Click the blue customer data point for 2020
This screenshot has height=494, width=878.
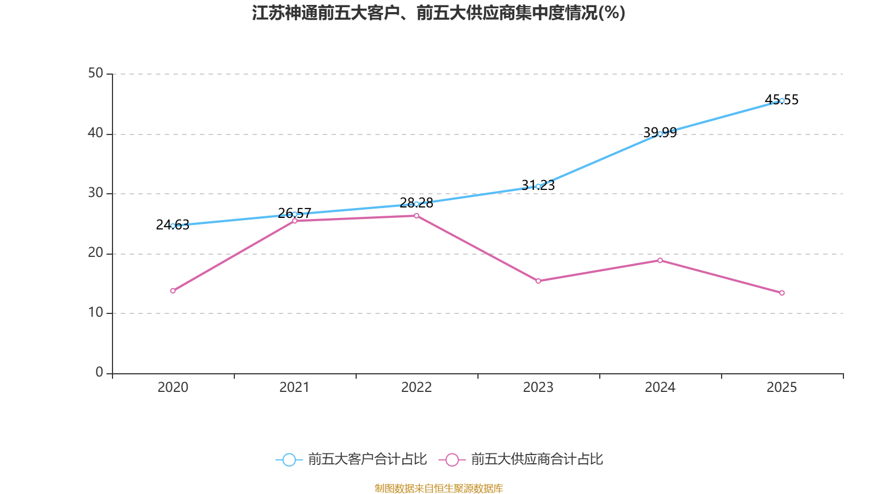point(173,226)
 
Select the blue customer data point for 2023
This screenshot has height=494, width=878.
point(538,186)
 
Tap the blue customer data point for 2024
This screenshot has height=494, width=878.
point(660,133)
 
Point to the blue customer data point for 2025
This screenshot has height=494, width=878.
point(782,100)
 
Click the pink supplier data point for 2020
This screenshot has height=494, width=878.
point(173,291)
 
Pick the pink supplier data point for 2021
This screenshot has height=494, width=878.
point(295,221)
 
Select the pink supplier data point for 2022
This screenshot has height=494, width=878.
point(417,216)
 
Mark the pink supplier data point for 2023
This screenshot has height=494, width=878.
point(538,281)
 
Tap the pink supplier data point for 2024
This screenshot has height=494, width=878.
point(660,260)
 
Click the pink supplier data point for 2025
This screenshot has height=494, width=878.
point(782,293)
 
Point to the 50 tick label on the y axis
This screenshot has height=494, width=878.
point(95,74)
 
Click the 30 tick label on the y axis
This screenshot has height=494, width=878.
point(95,193)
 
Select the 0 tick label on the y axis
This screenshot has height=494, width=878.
point(99,373)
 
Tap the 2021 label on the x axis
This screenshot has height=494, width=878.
point(295,388)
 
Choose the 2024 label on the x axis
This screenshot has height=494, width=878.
point(660,388)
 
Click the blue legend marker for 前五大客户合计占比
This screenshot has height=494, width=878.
point(289,459)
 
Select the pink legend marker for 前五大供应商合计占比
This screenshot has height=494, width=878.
point(452,459)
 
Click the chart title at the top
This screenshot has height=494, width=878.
point(438,13)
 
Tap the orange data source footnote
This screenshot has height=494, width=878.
point(438,488)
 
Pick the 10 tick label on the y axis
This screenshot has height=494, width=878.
point(95,313)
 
